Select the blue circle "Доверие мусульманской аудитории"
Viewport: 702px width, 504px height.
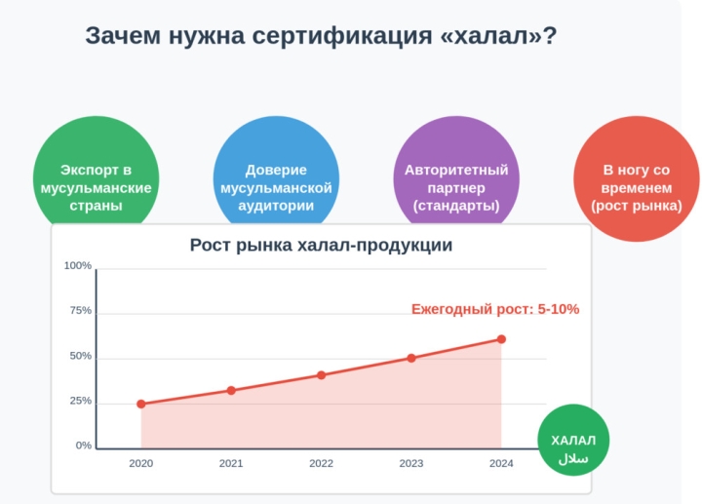(276, 180)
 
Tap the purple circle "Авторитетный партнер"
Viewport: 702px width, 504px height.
(455, 180)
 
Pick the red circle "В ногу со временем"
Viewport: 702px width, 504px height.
(636, 180)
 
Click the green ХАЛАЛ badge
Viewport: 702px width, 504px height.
(573, 446)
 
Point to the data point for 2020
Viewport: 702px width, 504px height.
(141, 404)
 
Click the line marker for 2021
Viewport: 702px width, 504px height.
(231, 390)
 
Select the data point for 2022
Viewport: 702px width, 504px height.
(321, 375)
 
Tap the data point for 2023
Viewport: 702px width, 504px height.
(411, 358)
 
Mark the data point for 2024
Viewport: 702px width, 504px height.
(501, 339)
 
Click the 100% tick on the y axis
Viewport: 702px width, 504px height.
(78, 266)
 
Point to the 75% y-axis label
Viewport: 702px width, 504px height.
(80, 311)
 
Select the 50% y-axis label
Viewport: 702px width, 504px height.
(80, 356)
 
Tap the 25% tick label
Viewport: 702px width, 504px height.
(80, 401)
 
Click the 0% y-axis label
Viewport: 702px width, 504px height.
(83, 446)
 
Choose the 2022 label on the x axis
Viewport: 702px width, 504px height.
(321, 464)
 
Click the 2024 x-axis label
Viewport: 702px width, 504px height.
(501, 464)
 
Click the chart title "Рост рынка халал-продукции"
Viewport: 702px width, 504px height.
(321, 246)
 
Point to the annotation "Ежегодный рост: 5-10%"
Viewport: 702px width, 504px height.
(495, 310)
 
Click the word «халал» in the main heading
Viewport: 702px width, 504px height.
(491, 36)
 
